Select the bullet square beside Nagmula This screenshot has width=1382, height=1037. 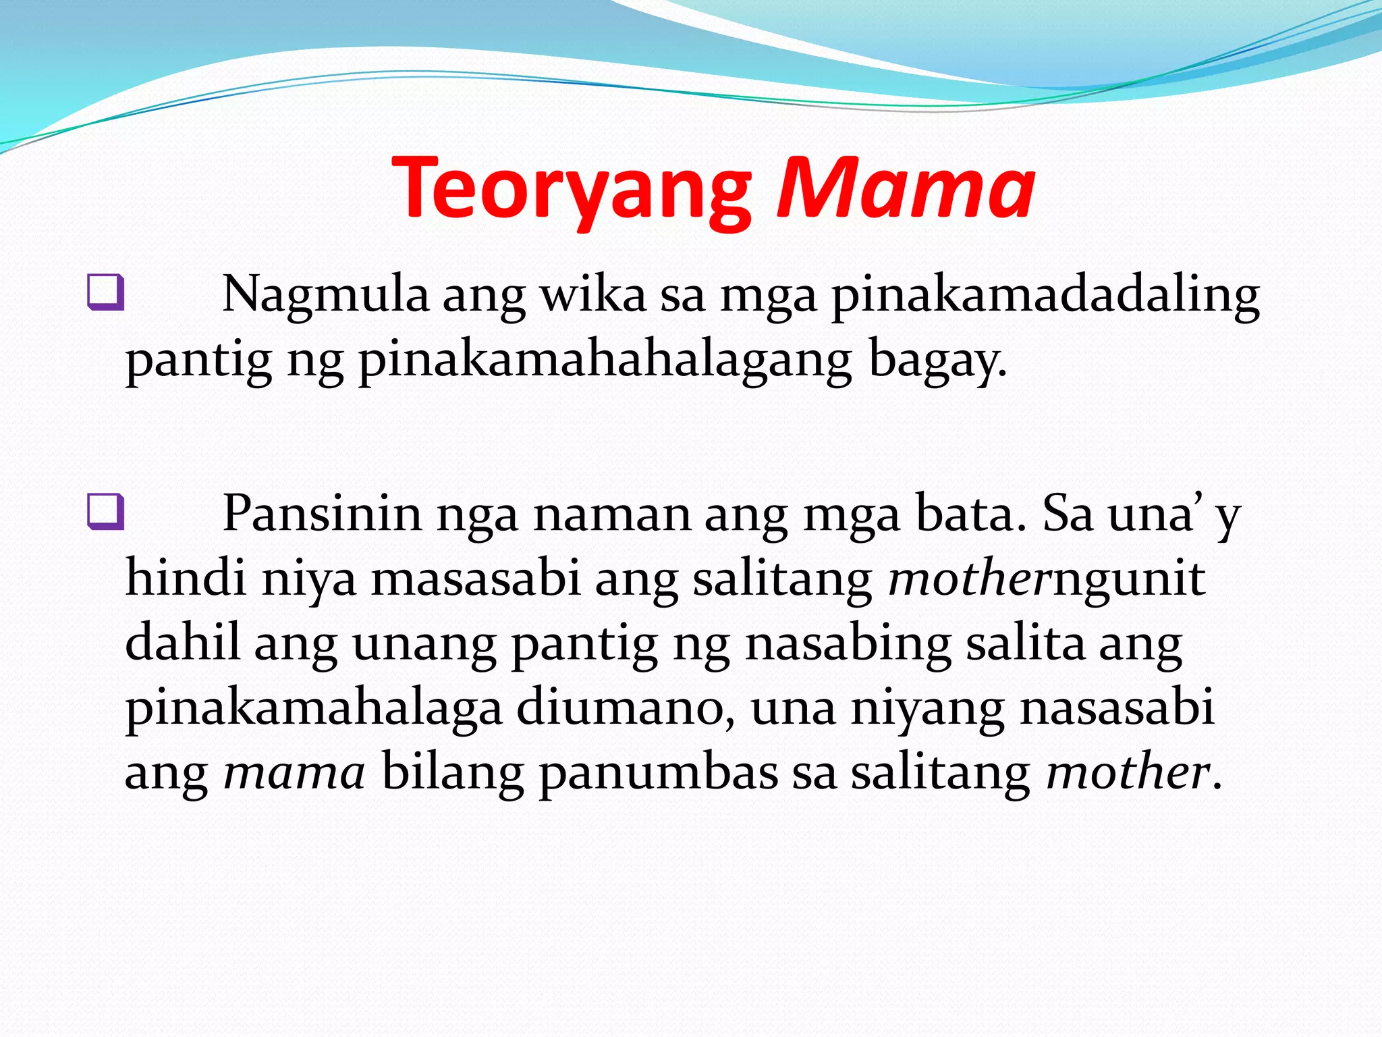106,292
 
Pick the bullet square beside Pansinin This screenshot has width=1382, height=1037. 106,511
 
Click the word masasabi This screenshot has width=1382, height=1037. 476,579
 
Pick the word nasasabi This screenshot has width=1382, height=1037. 1117,708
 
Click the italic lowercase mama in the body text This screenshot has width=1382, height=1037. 294,772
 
